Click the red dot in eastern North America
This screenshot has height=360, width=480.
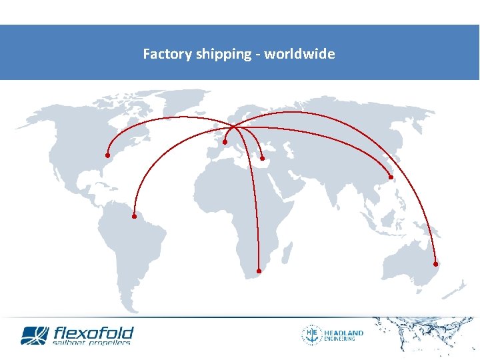click(x=107, y=155)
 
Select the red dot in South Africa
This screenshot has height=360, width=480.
click(x=259, y=271)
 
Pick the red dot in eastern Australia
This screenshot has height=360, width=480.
click(x=435, y=264)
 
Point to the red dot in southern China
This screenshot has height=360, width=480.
click(x=391, y=177)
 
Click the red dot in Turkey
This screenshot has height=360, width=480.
click(x=263, y=158)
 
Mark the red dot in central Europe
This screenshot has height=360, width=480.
click(x=225, y=142)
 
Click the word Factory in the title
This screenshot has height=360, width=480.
click(x=167, y=54)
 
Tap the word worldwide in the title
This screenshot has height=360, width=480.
click(x=299, y=54)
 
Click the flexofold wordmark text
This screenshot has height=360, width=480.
click(x=93, y=332)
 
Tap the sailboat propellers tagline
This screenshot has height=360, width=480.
click(x=91, y=343)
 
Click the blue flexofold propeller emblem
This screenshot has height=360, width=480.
click(x=35, y=335)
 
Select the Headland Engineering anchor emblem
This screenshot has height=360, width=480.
click(x=311, y=335)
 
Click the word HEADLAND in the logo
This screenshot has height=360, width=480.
click(x=343, y=333)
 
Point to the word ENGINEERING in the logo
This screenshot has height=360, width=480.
click(x=339, y=339)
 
